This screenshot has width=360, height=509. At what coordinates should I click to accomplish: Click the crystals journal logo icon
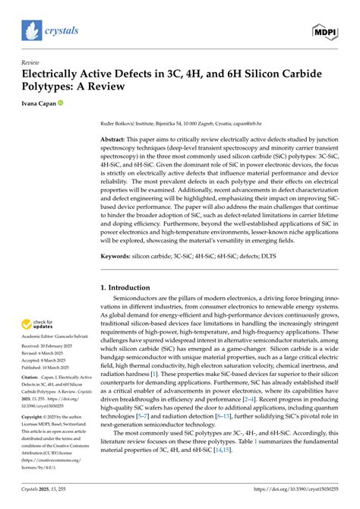[30, 30]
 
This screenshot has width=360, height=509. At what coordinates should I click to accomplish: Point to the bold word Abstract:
[115, 141]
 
